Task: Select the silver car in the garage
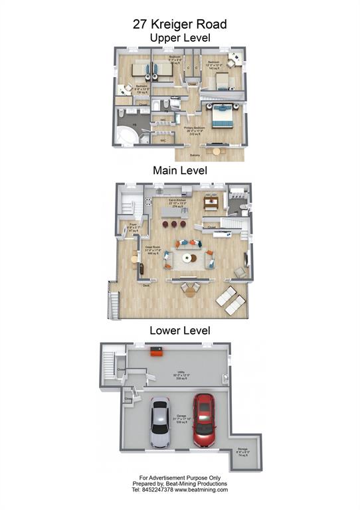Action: (160, 422)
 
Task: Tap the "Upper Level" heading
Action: (180, 38)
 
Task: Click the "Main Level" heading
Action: (180, 171)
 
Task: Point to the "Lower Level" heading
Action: (180, 330)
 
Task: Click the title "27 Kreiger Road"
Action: (180, 24)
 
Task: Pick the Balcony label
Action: (195, 155)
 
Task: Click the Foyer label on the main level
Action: (133, 228)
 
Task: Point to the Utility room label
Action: (180, 375)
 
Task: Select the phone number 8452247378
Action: (154, 490)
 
